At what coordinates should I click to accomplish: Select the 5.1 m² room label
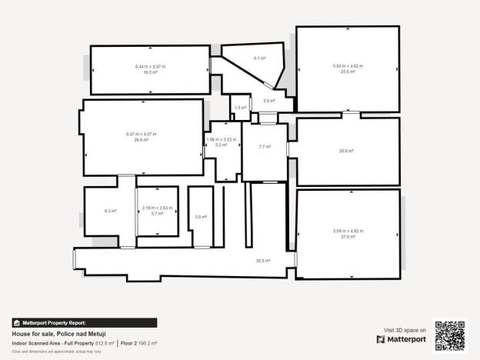click(260, 58)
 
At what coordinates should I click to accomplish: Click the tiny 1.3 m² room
click(240, 108)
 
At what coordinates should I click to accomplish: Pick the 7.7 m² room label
click(265, 146)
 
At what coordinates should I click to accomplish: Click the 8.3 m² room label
click(110, 210)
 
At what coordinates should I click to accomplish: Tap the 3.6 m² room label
click(200, 217)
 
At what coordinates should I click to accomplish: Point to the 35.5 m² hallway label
click(263, 261)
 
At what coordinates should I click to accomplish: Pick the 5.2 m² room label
click(222, 145)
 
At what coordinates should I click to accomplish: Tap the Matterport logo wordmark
click(405, 339)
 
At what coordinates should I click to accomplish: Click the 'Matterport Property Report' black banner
click(84, 323)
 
